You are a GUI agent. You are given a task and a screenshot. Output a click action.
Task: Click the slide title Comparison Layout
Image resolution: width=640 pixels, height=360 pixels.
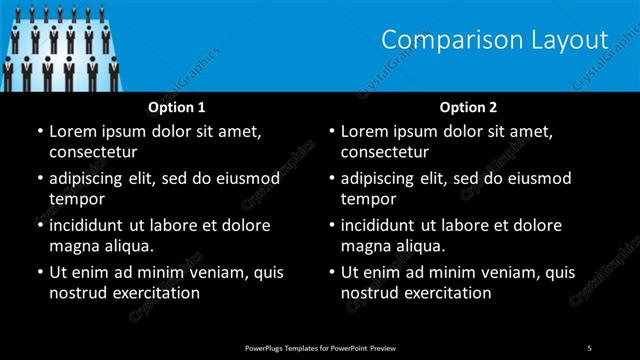(x=495, y=40)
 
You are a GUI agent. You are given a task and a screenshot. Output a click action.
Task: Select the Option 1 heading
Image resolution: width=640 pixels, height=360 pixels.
(x=177, y=107)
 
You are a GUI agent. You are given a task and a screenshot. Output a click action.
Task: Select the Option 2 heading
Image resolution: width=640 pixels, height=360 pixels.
(x=468, y=107)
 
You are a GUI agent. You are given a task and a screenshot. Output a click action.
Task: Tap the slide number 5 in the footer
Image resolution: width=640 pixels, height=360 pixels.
(x=590, y=347)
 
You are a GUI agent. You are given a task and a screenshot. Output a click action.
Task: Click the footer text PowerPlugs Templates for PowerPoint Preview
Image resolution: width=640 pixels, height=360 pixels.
(x=320, y=347)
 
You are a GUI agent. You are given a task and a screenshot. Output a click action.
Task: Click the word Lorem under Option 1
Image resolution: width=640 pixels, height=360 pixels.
(x=73, y=131)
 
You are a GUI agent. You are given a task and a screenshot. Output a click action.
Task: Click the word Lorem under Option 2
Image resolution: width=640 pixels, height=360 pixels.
(x=365, y=131)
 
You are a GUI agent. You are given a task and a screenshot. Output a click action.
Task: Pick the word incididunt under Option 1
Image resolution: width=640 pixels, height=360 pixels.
(x=91, y=225)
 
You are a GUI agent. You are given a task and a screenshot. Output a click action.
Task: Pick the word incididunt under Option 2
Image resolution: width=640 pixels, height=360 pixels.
(x=383, y=225)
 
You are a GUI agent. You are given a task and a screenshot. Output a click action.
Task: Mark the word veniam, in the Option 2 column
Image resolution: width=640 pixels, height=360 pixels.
(x=513, y=272)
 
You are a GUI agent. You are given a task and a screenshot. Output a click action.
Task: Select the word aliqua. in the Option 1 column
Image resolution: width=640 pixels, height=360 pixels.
(x=124, y=246)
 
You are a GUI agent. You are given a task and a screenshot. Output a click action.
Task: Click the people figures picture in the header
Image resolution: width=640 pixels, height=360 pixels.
(x=60, y=46)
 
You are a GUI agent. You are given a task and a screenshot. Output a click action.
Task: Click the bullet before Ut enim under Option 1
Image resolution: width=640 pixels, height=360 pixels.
(x=38, y=272)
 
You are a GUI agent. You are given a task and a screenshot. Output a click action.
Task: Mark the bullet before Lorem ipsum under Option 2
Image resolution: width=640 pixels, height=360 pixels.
(x=330, y=131)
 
